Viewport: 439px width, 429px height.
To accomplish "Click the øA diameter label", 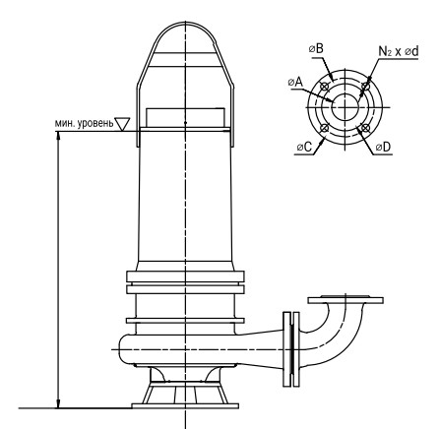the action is pos(295,82).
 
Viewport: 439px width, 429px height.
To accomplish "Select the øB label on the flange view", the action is pos(316,49).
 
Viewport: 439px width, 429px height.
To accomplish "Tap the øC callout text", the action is pos(304,148).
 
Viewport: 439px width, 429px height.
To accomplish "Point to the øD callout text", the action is pos(383,148).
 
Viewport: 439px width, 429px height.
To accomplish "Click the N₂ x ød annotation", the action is pos(399,51).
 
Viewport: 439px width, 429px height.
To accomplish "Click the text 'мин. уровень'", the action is pos(84,123).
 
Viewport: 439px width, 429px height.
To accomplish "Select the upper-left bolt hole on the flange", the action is pos(325,87).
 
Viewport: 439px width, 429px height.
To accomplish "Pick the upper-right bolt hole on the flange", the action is pos(365,87).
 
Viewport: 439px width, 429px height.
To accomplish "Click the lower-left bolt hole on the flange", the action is pos(325,128).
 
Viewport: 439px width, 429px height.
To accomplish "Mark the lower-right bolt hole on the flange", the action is pos(365,128).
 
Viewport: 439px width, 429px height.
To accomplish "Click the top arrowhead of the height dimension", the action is pos(58,135).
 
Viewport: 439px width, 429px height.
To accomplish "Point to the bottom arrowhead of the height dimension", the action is pos(58,404).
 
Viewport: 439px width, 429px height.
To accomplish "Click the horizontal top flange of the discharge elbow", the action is pos(345,300).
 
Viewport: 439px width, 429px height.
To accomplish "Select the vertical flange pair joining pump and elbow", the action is pos(291,349).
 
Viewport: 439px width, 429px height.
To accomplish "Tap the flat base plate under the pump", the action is pos(185,406).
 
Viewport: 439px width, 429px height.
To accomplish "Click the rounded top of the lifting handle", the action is pos(185,23).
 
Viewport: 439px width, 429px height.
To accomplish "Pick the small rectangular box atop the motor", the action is pos(185,118).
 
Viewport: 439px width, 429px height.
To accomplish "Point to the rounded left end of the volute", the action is pos(119,349).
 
